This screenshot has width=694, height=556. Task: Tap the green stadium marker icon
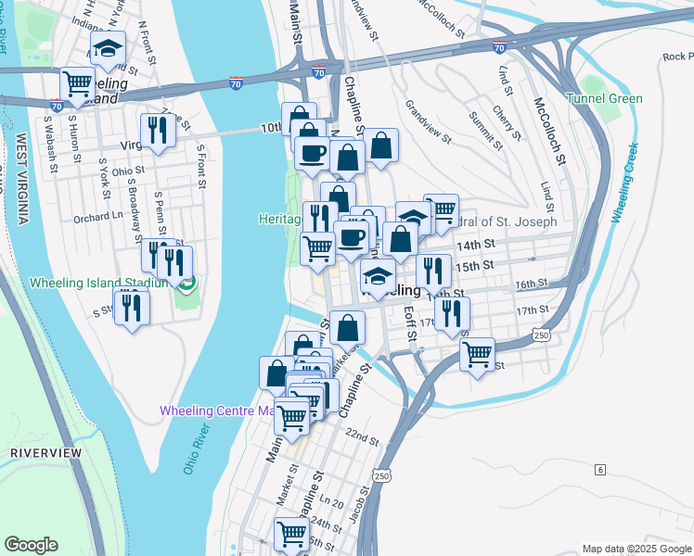[x=187, y=284]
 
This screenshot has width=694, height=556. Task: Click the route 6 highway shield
[x=600, y=470]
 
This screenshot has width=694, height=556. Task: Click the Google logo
[x=32, y=545]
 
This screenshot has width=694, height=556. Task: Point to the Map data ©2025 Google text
[x=636, y=549]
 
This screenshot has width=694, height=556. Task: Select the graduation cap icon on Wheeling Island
[x=109, y=49]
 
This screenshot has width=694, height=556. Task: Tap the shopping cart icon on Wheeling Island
[x=77, y=86]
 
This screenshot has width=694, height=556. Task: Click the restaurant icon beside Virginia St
[x=158, y=132]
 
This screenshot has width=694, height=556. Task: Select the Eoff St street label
[x=409, y=323]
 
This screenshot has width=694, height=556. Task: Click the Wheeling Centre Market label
[x=217, y=410]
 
